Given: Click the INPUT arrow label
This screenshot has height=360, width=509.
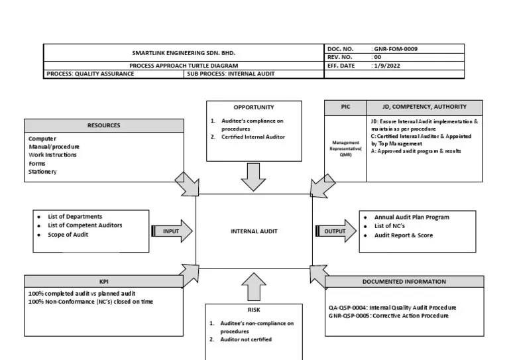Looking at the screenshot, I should click(172, 231).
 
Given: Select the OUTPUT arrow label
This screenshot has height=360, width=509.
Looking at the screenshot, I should click(335, 231).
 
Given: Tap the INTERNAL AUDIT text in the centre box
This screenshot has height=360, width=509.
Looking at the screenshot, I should click(254, 231).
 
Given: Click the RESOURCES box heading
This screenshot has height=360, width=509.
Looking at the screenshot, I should click(104, 125).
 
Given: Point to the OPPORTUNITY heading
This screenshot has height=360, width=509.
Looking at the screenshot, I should click(253, 107).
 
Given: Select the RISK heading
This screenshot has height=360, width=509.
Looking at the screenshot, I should click(254, 309).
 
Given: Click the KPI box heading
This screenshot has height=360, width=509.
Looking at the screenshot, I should click(104, 282).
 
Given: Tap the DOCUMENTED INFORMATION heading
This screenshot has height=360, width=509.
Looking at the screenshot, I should click(404, 282).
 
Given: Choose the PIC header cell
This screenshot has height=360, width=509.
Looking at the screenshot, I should click(345, 107).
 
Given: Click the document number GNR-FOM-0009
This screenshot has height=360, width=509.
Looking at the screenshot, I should click(396, 49).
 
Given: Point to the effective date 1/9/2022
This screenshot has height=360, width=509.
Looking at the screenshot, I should click(387, 66).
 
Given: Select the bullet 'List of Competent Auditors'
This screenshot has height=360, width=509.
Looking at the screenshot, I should click(85, 225).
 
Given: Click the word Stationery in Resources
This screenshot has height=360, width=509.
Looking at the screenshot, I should click(42, 172).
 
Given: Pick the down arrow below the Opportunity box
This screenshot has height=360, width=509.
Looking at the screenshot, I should click(254, 176).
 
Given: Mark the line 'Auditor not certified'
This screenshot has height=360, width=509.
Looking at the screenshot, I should click(246, 339).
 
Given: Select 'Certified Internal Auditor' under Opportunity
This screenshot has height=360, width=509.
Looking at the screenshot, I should click(253, 137).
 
